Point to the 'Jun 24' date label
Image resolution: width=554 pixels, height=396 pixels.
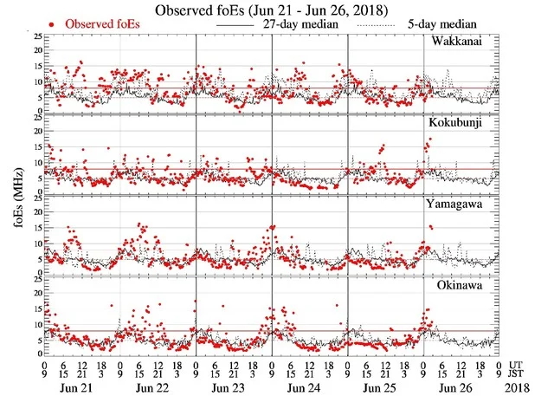(x=308, y=386)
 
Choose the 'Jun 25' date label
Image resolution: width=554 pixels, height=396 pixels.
(x=384, y=386)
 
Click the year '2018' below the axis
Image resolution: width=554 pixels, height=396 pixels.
(x=521, y=386)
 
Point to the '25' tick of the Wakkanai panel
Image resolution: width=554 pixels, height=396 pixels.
(x=35, y=37)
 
